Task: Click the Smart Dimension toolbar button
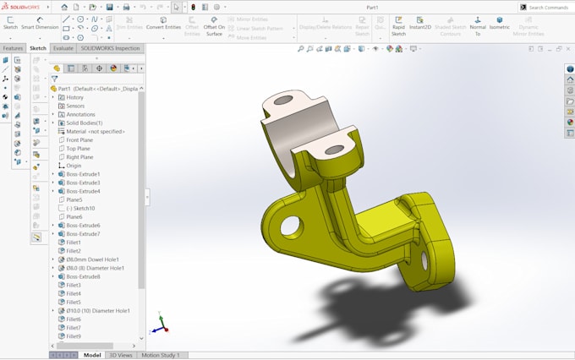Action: click(x=40, y=23)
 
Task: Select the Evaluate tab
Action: click(x=63, y=48)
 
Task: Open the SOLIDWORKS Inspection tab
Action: click(x=110, y=48)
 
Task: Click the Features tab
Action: click(x=13, y=48)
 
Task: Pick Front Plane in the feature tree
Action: click(x=79, y=140)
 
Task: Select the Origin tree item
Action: click(x=74, y=166)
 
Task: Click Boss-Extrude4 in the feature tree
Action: click(x=83, y=191)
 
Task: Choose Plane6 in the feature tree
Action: click(x=74, y=217)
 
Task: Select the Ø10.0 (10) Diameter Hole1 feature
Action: click(x=98, y=311)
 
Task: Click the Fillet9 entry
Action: click(x=74, y=336)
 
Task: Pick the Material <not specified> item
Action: click(x=95, y=131)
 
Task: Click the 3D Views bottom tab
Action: click(x=121, y=355)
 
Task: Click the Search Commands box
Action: click(x=548, y=8)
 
